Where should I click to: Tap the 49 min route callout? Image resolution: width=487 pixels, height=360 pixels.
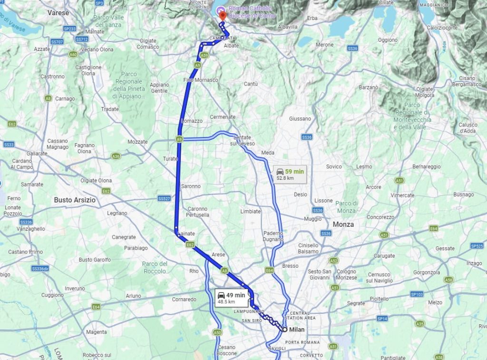click(x=232, y=298)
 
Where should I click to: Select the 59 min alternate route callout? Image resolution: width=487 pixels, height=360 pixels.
click(x=291, y=174)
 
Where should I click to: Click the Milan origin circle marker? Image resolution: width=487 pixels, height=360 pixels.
click(x=284, y=329)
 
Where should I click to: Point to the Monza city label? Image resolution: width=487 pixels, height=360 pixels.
click(x=343, y=224)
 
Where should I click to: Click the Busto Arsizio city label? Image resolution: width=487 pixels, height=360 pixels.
click(x=75, y=200)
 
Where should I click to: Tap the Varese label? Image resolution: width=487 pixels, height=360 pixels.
click(x=58, y=13)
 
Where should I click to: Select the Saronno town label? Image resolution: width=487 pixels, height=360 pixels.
click(x=191, y=186)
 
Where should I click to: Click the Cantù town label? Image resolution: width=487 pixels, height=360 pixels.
click(x=251, y=84)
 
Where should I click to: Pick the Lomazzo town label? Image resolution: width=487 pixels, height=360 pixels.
click(x=192, y=121)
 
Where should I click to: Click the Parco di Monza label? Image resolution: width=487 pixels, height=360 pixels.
click(x=346, y=207)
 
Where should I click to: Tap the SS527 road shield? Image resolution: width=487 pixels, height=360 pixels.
click(x=164, y=198)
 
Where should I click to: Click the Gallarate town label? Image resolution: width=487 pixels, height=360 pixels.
click(x=37, y=154)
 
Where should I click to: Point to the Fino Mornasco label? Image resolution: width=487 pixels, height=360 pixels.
click(x=201, y=80)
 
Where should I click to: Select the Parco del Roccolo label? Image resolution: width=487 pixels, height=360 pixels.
click(x=155, y=267)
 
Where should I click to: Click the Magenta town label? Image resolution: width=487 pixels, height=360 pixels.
click(x=97, y=332)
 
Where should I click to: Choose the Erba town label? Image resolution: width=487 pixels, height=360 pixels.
click(x=312, y=18)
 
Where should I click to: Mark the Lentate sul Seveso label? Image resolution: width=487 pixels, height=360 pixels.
click(x=243, y=140)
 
